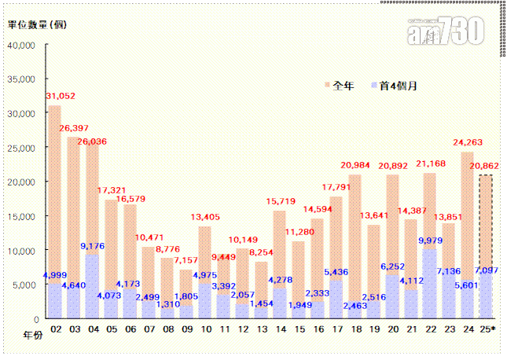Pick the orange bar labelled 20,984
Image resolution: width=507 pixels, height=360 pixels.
[x=355, y=236]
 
